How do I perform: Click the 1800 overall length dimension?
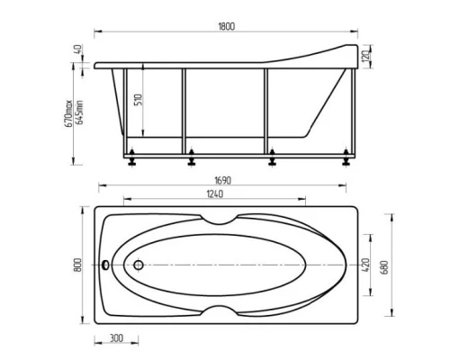click(x=226, y=27)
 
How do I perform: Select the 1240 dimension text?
click(x=213, y=194)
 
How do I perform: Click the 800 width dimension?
click(x=80, y=265)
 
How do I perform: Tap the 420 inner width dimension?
click(x=365, y=265)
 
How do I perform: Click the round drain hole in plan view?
click(x=139, y=265)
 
